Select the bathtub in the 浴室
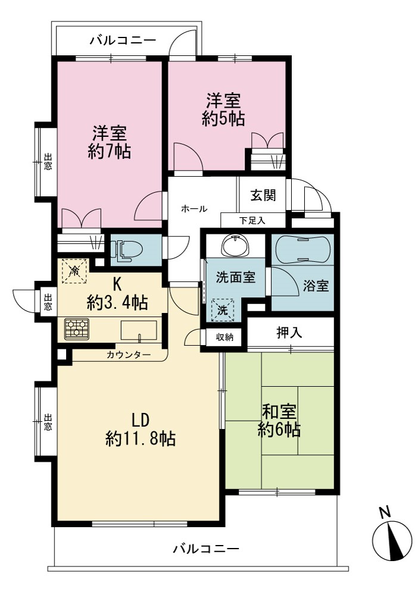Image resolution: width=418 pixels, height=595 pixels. (x=302, y=250)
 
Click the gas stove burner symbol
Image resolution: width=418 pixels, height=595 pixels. (x=77, y=328)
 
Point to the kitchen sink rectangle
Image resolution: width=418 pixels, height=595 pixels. (x=139, y=330)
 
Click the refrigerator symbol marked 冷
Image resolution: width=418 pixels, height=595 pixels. (x=74, y=271)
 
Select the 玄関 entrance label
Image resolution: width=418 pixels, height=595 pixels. (x=263, y=195)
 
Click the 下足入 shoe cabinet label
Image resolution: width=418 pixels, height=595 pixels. (x=252, y=221)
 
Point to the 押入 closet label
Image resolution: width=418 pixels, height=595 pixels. (x=289, y=333)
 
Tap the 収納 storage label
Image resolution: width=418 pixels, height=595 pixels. (x=224, y=337)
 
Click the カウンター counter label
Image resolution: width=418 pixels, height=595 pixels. (x=129, y=355)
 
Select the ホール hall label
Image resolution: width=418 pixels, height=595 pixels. (x=194, y=209)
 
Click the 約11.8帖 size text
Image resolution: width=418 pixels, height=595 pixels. (x=141, y=439)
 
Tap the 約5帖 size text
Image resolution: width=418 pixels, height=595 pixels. (x=223, y=118)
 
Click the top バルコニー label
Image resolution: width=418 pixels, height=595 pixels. (x=123, y=40)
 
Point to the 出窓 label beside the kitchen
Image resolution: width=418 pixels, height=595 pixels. (x=48, y=302)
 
